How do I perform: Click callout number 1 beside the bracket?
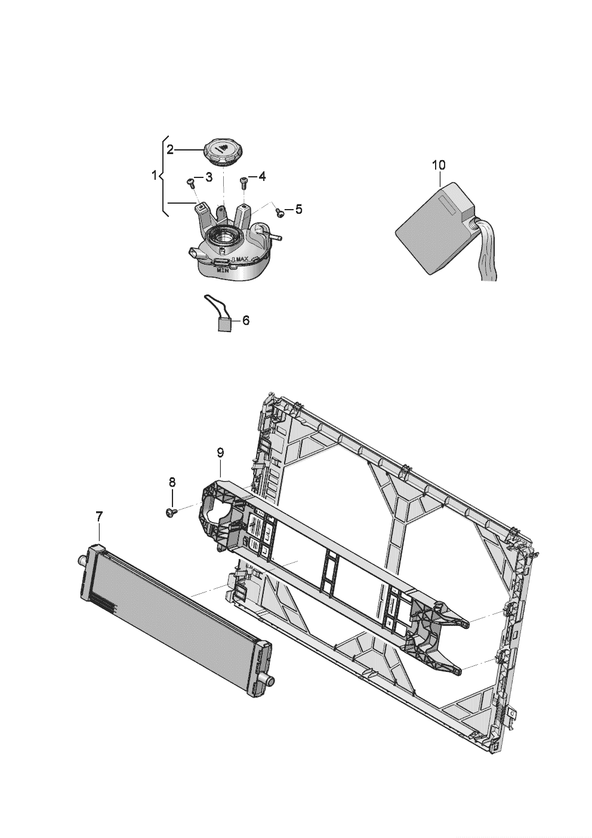(x=155, y=176)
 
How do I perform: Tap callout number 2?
(x=170, y=150)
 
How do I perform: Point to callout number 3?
(x=209, y=177)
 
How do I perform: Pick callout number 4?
(x=263, y=177)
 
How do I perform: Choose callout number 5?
(x=298, y=209)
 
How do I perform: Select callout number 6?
(x=245, y=321)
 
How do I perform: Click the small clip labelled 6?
(x=224, y=324)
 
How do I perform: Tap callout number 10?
(x=438, y=164)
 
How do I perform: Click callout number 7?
(x=99, y=515)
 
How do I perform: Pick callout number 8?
(x=172, y=481)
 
